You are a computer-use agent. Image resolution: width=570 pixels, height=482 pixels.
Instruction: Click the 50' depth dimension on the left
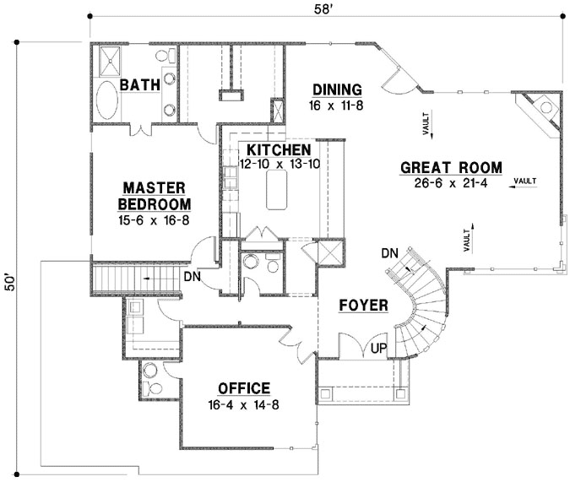point(10,281)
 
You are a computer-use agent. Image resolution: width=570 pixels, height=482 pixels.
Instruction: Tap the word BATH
point(135,85)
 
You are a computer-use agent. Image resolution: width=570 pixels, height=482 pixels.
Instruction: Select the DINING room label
point(337,90)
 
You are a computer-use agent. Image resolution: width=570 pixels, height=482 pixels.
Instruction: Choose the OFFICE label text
point(243,388)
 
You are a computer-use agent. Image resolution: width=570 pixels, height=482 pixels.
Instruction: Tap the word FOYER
point(363,305)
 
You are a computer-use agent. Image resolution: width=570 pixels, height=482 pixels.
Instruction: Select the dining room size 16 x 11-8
point(337,105)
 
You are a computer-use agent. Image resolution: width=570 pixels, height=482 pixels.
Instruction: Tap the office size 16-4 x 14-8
point(243,403)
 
